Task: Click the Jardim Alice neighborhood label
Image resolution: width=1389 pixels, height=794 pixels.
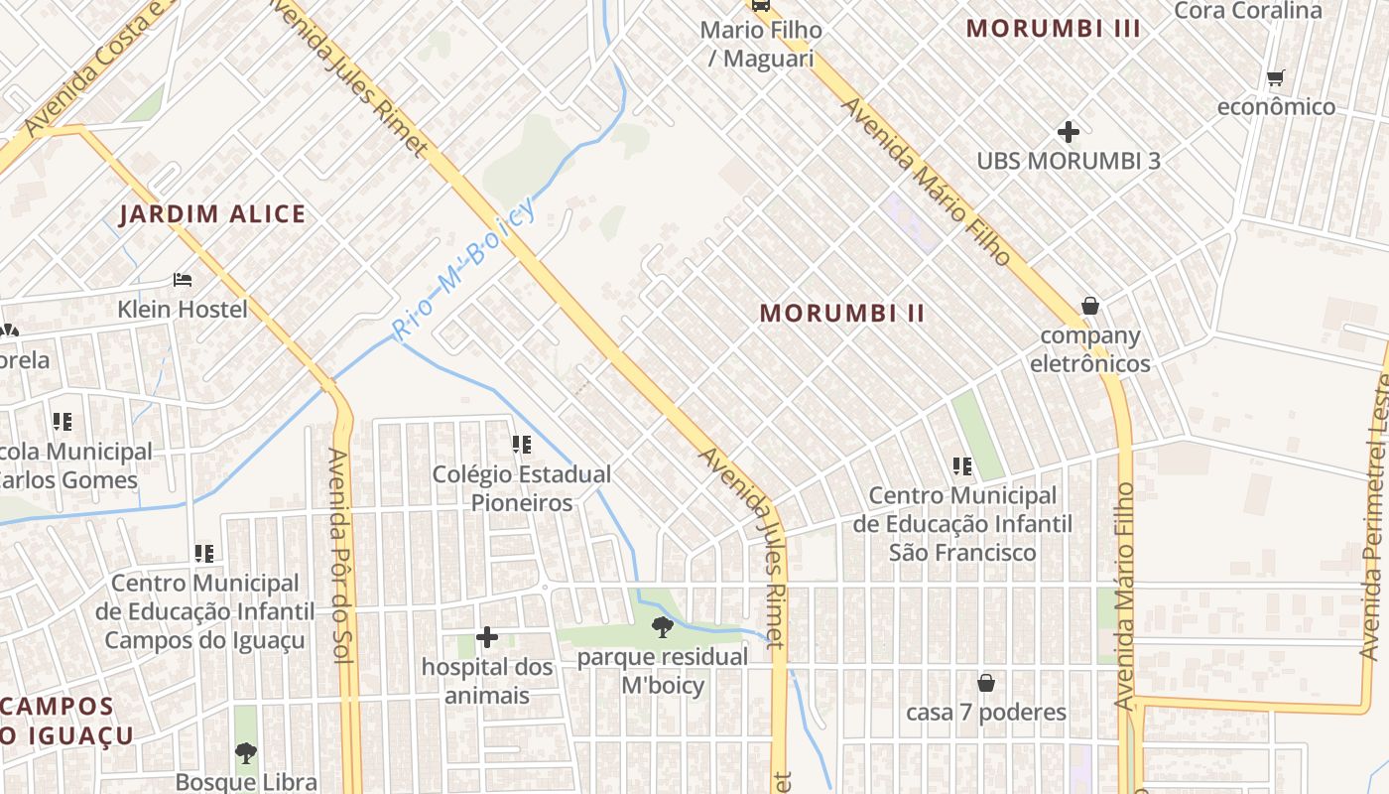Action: click(212, 214)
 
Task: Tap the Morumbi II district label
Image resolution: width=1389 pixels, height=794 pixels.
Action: click(842, 314)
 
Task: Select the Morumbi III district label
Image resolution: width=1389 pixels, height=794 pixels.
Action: click(1054, 29)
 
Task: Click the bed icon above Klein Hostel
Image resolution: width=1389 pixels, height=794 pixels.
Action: click(183, 279)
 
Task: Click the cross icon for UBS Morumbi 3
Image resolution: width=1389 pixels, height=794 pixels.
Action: click(1069, 131)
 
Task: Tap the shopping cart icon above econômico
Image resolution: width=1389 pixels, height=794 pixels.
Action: click(1276, 77)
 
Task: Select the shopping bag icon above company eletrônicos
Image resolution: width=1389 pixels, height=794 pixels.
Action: click(1090, 306)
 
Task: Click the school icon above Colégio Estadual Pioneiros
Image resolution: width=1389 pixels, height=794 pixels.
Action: click(521, 445)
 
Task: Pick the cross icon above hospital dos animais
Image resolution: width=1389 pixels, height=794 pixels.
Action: click(486, 636)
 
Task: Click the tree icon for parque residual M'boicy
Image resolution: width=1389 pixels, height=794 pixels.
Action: click(662, 626)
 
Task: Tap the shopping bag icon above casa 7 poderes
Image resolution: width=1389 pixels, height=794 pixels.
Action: click(986, 683)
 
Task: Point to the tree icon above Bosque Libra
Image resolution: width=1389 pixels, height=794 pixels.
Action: click(246, 753)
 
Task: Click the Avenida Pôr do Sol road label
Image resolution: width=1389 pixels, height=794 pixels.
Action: click(342, 576)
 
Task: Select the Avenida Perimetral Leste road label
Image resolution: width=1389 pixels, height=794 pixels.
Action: click(1376, 516)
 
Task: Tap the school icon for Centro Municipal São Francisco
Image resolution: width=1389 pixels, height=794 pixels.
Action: click(961, 465)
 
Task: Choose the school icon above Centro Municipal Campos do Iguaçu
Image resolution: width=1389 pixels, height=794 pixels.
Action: click(204, 553)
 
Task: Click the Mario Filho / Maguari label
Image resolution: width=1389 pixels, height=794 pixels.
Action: click(761, 44)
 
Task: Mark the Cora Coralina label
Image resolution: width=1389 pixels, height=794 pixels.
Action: click(1248, 11)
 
